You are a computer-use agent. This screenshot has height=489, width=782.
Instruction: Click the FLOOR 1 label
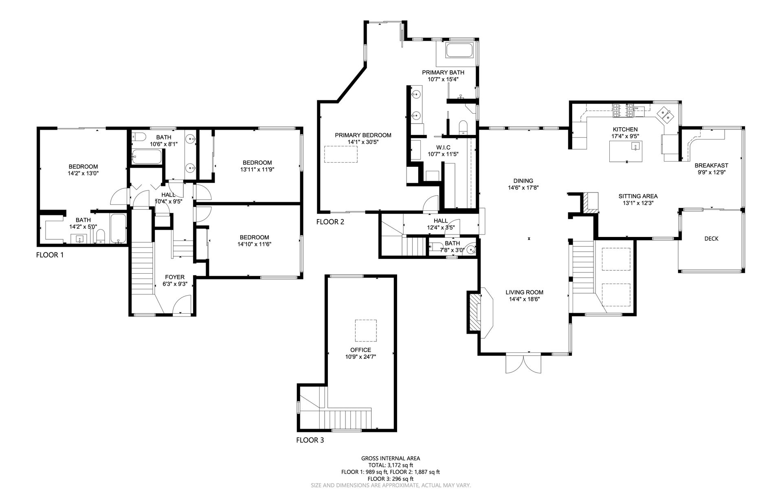[50, 255]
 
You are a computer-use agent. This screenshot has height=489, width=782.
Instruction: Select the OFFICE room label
[361, 350]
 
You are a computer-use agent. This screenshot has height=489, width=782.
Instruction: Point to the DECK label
[712, 239]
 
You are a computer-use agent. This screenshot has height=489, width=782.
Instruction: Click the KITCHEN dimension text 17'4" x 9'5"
[625, 136]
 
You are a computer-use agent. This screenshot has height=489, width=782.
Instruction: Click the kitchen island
[625, 151]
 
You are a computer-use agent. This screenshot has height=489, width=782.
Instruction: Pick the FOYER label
[175, 277]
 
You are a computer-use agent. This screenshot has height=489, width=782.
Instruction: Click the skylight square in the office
[366, 330]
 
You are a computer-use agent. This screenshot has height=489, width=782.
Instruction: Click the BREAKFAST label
[711, 165]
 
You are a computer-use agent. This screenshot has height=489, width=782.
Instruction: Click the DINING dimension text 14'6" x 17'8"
[523, 188]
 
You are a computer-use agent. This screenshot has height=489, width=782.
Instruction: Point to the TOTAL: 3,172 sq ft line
[391, 465]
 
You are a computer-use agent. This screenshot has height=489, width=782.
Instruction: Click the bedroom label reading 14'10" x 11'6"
[254, 244]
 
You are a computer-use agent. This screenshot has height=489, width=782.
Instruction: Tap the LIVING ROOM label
[524, 292]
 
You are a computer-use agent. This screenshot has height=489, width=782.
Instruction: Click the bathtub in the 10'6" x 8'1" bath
[147, 157]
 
